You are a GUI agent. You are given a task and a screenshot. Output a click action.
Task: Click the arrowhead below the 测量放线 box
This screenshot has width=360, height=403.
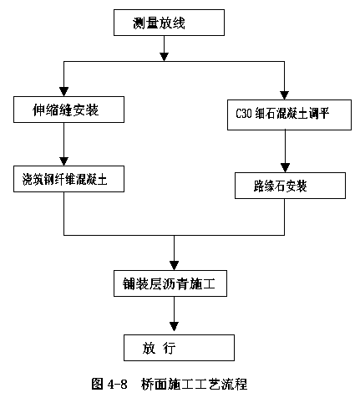pyautogui.click(x=165, y=57)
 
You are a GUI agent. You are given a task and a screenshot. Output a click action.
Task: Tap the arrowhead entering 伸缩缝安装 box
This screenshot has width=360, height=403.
pyautogui.click(x=64, y=92)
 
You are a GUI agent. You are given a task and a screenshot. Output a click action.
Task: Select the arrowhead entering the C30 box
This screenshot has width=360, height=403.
pyautogui.click(x=284, y=95)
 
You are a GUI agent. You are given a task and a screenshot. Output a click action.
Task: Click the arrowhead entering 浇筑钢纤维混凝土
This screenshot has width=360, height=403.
pyautogui.click(x=64, y=161)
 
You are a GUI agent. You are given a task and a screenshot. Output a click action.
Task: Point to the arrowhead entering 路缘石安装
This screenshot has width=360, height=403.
pyautogui.click(x=285, y=168)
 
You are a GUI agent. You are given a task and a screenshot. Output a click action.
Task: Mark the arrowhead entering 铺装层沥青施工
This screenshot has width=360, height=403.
pyautogui.click(x=174, y=266)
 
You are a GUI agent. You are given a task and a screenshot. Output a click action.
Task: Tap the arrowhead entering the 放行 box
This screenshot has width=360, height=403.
pyautogui.click(x=174, y=327)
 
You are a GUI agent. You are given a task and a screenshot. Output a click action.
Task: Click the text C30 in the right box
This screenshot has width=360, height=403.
pyautogui.click(x=244, y=114)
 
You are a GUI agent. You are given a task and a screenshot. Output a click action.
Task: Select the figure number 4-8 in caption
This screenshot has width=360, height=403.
pyautogui.click(x=117, y=385)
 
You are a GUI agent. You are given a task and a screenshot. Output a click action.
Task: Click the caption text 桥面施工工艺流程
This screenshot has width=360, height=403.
pyautogui.click(x=194, y=385)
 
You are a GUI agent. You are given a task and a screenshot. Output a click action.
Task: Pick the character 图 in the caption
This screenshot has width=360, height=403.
pyautogui.click(x=98, y=385)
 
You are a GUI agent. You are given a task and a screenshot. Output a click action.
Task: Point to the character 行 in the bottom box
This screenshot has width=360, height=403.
pyautogui.click(x=170, y=349)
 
